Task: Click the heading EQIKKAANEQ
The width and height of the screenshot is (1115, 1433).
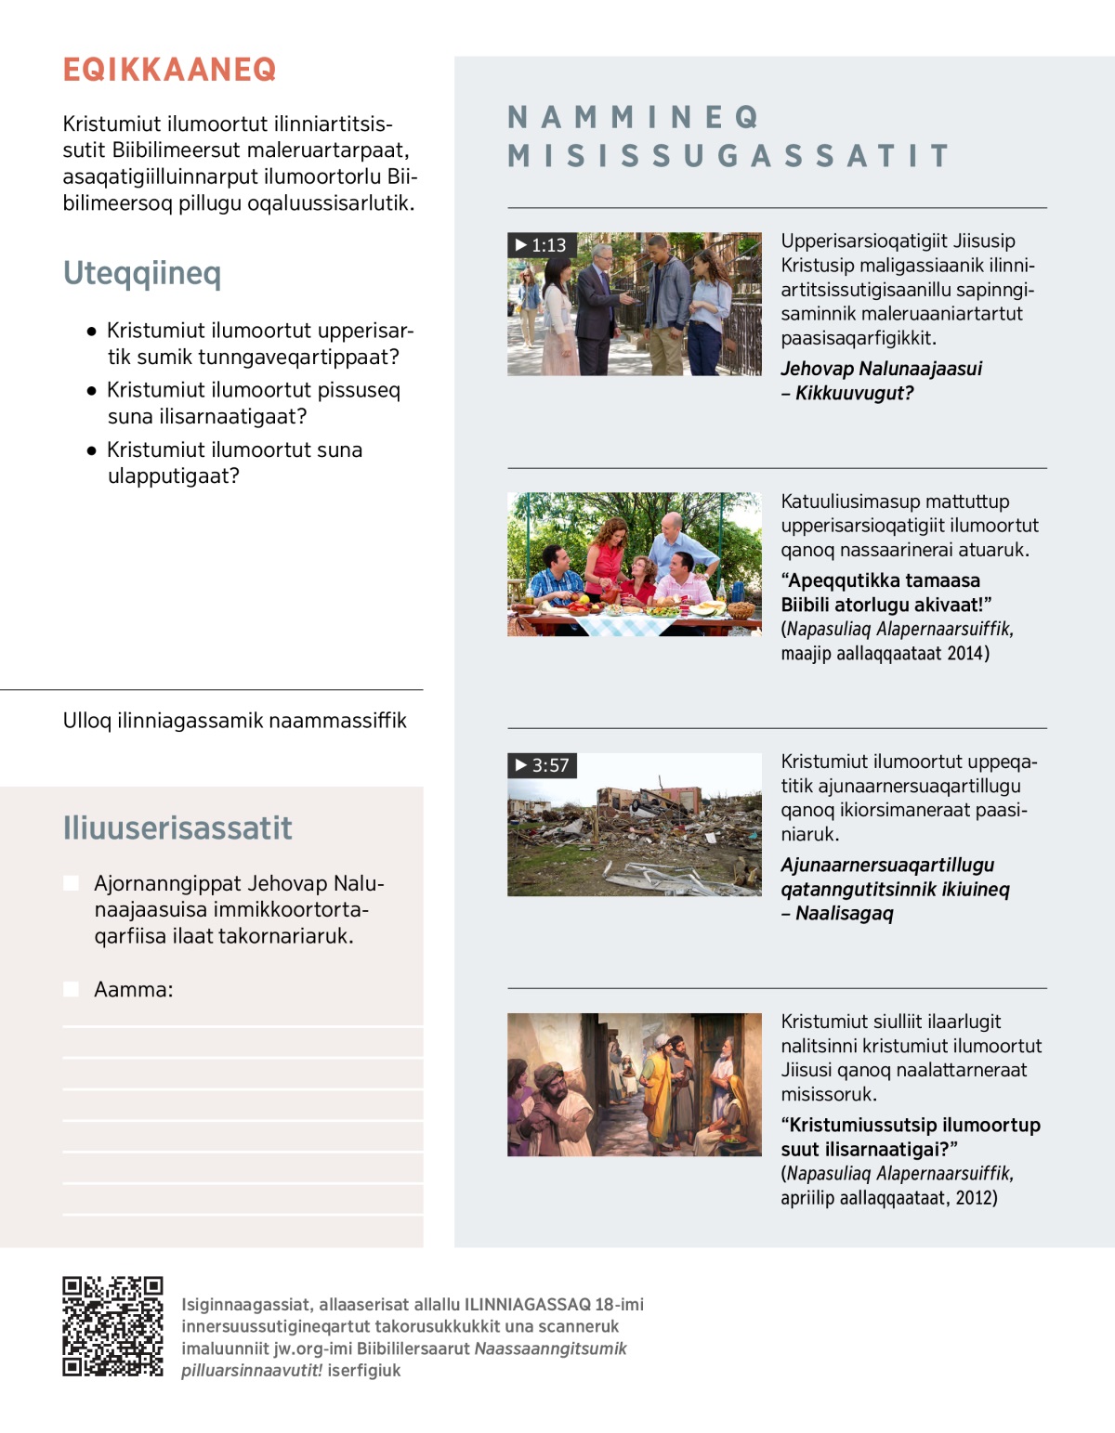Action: tap(169, 70)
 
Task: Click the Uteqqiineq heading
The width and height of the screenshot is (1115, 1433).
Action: tap(142, 273)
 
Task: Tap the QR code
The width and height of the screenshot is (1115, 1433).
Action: tap(112, 1326)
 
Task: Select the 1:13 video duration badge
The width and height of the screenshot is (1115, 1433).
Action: tap(542, 245)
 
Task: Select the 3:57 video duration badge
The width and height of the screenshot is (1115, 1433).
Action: tap(543, 765)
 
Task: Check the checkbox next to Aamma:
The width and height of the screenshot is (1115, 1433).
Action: tap(71, 989)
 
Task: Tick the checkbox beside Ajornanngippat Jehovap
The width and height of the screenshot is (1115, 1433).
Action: tap(71, 883)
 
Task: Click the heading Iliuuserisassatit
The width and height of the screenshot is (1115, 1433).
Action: tap(177, 827)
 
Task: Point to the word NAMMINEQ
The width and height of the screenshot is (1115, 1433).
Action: tap(634, 118)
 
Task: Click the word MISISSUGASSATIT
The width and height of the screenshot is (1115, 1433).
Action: tap(729, 156)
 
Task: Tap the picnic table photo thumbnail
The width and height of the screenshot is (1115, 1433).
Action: tap(634, 564)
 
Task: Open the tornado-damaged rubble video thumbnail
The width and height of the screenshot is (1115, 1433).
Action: tap(634, 825)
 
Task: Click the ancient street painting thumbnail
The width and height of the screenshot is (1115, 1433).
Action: tap(634, 1085)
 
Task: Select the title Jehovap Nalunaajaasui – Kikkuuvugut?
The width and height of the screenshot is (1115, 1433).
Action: tap(881, 381)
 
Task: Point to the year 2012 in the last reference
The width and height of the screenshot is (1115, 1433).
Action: tap(976, 1197)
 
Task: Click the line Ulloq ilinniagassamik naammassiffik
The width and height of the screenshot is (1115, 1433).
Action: tap(234, 721)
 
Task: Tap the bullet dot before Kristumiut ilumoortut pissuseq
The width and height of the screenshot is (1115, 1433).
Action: tap(91, 391)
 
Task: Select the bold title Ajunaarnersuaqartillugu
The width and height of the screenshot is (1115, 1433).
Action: tap(887, 865)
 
